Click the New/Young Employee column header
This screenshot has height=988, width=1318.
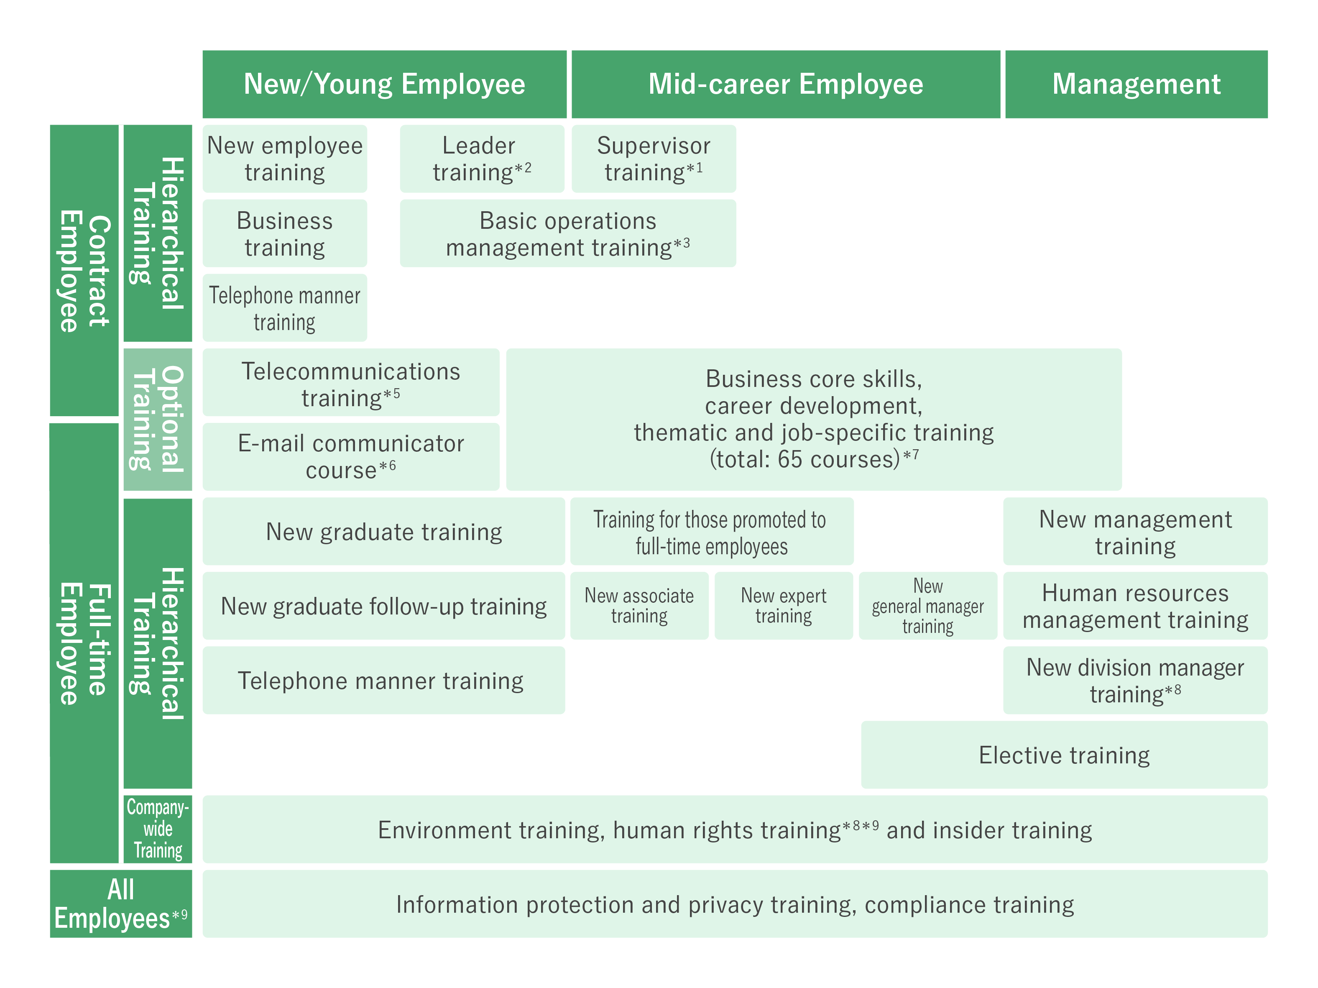click(x=384, y=84)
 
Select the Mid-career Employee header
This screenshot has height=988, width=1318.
click(x=785, y=84)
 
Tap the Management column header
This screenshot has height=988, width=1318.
click(x=1136, y=84)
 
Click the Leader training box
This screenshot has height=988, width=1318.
click(x=481, y=159)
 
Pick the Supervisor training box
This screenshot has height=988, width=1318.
click(x=654, y=159)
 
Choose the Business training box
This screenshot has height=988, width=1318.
click(x=285, y=233)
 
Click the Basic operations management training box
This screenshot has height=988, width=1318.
click(x=567, y=233)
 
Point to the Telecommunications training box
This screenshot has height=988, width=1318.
click(x=350, y=383)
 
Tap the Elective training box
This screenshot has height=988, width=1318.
click(x=1064, y=755)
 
